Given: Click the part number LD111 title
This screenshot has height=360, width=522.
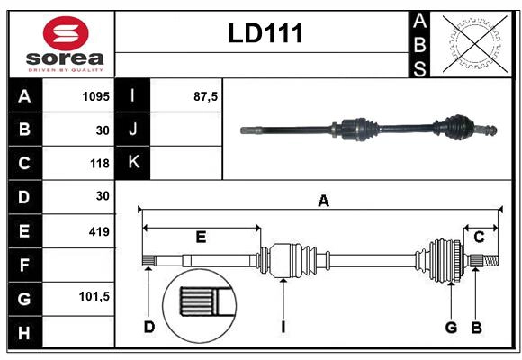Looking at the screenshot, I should click(265, 34).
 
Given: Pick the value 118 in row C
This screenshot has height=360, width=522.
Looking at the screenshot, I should click(98, 164).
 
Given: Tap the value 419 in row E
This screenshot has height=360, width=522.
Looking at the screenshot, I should click(98, 231).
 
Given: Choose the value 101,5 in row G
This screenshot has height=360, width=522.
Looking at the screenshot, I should click(94, 296).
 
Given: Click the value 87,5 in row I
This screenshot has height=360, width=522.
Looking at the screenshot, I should click(206, 96).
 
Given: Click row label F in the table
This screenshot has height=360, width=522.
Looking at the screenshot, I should click(23, 265).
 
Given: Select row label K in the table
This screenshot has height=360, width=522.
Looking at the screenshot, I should click(133, 163).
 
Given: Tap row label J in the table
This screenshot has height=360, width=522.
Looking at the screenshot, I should click(133, 130).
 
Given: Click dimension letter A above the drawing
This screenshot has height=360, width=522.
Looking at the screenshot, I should click(323, 202).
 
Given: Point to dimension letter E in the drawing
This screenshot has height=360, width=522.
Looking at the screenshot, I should click(201, 237).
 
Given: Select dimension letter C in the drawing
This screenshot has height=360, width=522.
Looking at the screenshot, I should click(480, 237).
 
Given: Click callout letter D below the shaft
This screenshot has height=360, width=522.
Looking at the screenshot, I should click(148, 327).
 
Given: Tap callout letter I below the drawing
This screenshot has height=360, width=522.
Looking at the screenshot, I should click(283, 327).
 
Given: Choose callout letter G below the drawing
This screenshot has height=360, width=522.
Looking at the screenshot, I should click(452, 327).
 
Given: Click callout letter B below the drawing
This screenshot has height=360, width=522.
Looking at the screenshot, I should click(476, 327).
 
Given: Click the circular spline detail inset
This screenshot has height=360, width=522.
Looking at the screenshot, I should click(197, 302).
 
